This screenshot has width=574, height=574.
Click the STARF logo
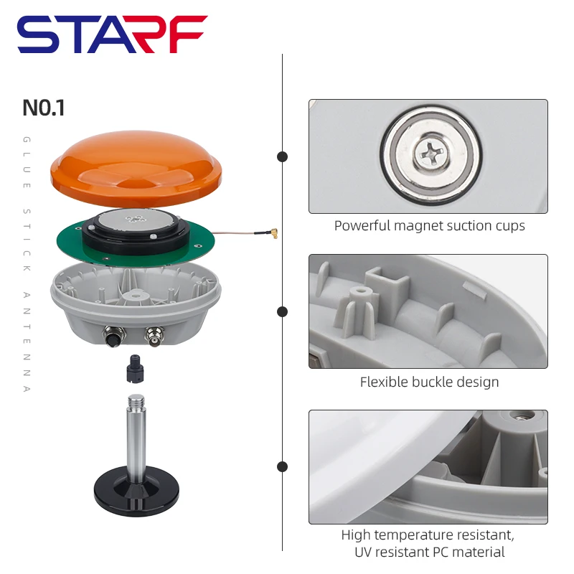tap(112, 34)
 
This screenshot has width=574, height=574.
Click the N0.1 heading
tap(44, 108)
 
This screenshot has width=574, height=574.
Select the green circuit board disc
tap(72, 237)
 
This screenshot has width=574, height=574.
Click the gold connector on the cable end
tap(273, 232)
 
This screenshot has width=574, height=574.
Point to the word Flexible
tap(384, 382)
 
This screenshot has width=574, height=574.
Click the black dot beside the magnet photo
tap(283, 156)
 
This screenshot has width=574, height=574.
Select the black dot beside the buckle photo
tap(283, 311)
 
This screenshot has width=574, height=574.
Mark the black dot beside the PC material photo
tap(283, 466)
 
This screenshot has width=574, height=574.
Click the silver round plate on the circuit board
tap(136, 220)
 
